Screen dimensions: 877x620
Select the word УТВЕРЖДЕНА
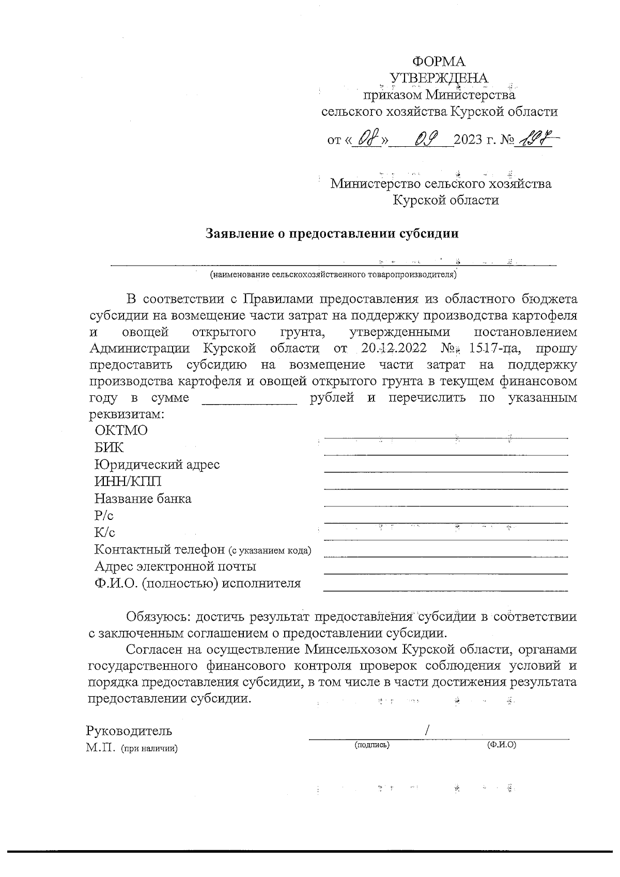439,78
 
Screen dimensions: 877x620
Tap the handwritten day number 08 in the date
367,138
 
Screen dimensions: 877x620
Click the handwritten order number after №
537,138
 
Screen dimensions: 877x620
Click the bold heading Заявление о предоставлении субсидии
333,234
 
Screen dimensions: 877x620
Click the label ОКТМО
121,430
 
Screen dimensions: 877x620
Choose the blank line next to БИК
445,454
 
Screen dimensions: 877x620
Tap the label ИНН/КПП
128,482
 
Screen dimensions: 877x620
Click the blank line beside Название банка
445,505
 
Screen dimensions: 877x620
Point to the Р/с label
104,516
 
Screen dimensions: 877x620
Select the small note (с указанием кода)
271,550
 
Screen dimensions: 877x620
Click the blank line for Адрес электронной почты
445,573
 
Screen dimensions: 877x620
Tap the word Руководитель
129,731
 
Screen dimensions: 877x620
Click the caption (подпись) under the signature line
372,745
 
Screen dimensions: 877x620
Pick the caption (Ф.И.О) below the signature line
502,745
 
